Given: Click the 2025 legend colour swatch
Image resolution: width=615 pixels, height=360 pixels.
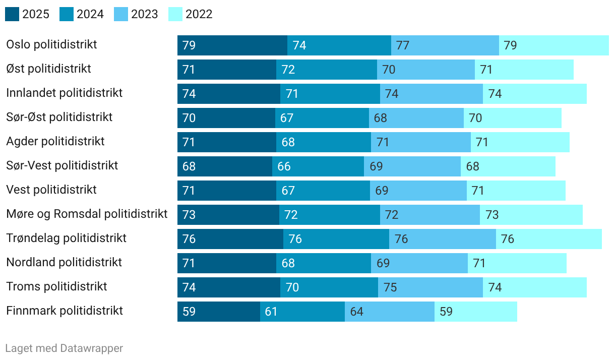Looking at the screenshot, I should (12, 14).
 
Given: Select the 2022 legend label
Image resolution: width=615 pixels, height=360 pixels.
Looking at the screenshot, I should (199, 14).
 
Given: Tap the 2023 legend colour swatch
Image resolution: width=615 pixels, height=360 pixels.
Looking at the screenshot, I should (121, 14).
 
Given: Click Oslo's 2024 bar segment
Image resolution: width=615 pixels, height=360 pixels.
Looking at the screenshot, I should (339, 45).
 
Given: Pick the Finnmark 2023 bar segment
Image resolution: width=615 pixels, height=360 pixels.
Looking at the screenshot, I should (390, 312).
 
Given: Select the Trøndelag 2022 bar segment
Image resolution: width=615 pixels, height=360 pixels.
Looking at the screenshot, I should (549, 239).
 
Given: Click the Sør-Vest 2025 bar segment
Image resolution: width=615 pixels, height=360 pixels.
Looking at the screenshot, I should (225, 166).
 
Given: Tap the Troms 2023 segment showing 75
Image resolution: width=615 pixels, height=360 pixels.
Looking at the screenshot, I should (430, 287).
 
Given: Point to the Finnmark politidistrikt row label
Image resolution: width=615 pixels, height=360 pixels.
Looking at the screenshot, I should (65, 311).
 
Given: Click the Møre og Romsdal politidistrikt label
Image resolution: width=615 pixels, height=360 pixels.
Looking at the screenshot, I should (87, 214).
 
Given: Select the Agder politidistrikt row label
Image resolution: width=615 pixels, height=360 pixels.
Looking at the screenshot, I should (55, 141).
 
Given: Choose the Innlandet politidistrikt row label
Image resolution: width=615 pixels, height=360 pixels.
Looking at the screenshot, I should (65, 93).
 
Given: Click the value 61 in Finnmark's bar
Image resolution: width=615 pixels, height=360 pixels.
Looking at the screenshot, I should (271, 312).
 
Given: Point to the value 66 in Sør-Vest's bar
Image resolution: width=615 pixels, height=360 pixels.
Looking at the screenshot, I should (284, 166).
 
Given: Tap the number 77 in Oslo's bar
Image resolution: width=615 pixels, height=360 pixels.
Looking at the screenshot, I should (403, 45).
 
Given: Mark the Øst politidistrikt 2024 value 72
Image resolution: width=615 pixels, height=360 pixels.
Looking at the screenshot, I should (288, 70).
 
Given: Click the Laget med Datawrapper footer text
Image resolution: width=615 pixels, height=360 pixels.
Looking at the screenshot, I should (64, 348).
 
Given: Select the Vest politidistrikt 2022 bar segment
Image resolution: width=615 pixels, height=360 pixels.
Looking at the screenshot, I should (516, 191).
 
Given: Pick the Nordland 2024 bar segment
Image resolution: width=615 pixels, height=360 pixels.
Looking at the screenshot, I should (324, 263).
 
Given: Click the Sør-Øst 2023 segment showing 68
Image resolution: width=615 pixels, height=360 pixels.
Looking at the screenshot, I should (416, 118).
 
